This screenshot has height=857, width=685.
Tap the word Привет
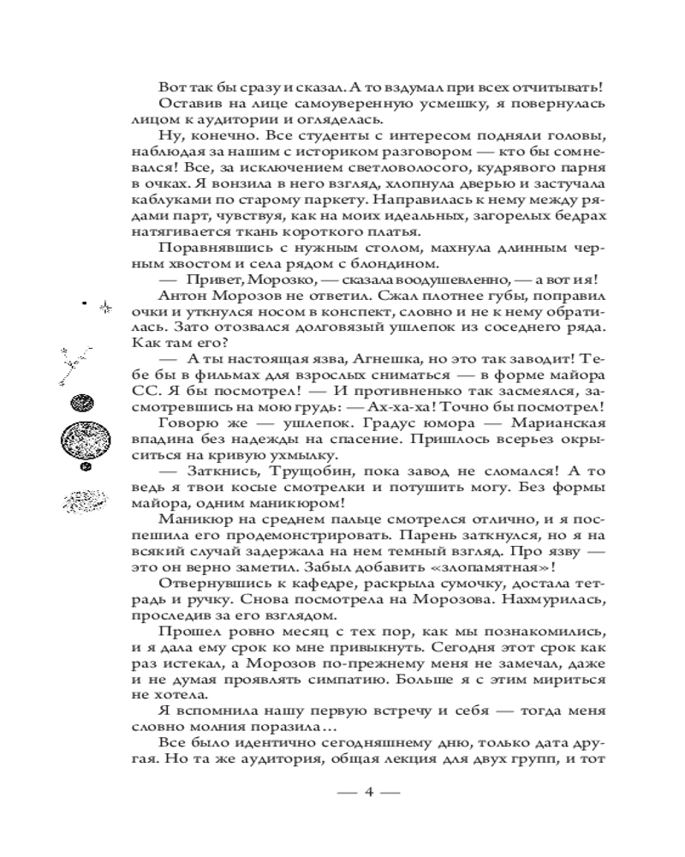click(210, 279)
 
